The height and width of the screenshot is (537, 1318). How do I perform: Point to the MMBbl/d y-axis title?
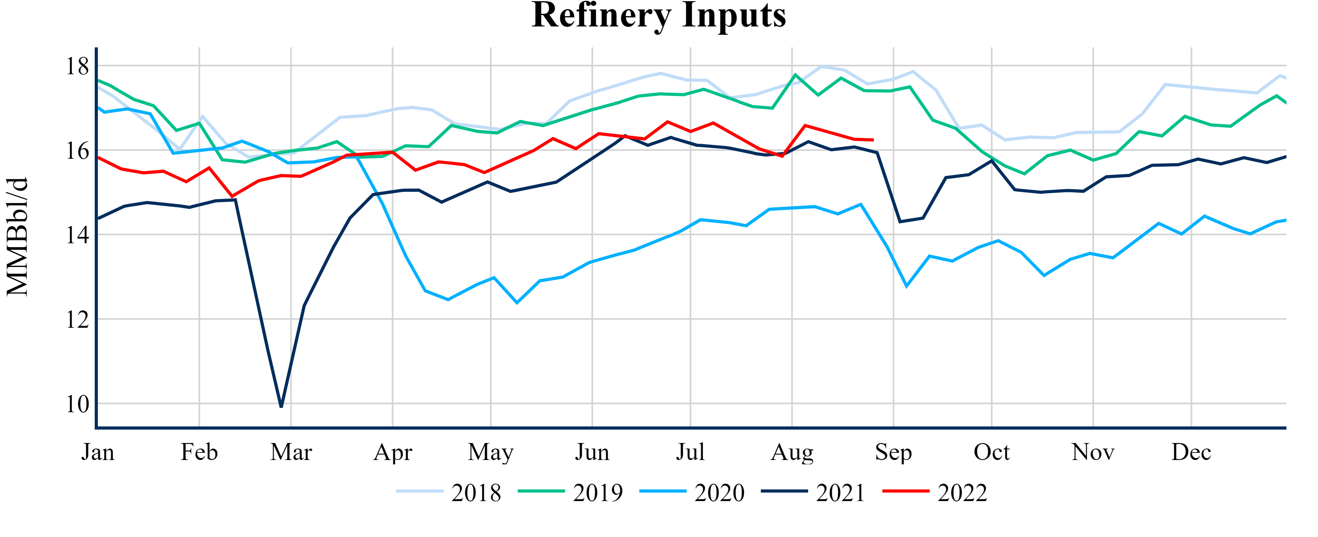[x=17, y=237]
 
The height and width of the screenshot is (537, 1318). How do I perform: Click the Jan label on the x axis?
[x=98, y=453]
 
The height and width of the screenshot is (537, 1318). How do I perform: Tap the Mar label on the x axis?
[x=291, y=453]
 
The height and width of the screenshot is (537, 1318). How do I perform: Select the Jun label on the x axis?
[x=592, y=453]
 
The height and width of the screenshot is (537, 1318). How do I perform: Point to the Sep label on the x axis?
[x=893, y=453]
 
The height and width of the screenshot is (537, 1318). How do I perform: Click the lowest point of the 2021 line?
[x=281, y=406]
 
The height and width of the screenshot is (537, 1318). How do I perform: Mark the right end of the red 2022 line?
[x=873, y=140]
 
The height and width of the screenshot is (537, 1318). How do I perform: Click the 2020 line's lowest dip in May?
[x=517, y=302]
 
